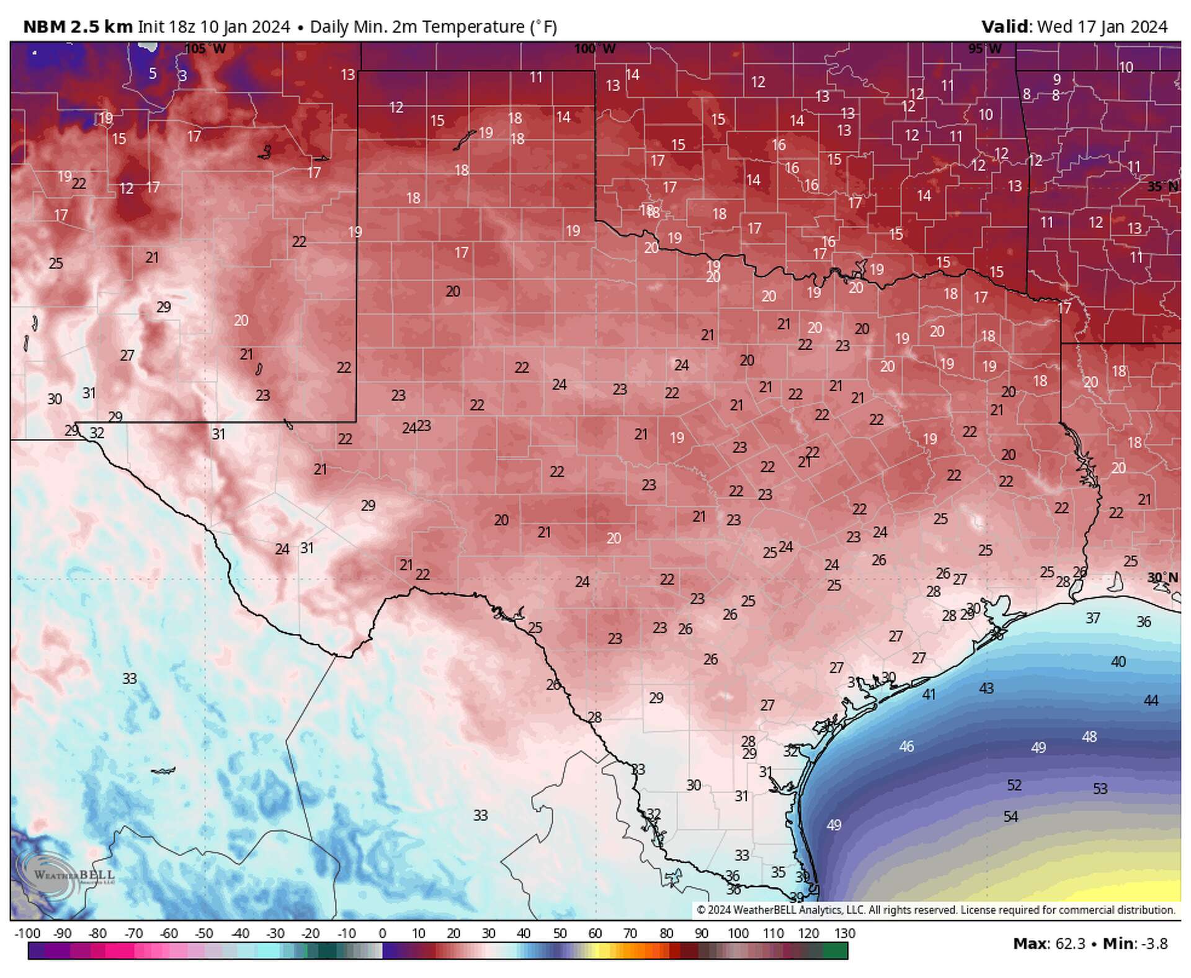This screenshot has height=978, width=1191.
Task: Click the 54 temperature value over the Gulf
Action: tap(1010, 817)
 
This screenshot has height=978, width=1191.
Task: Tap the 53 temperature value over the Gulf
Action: tap(1100, 789)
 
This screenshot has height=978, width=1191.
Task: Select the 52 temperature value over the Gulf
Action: tap(1014, 785)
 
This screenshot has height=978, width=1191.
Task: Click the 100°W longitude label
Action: tap(594, 48)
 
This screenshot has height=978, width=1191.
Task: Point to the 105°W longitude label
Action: tap(205, 48)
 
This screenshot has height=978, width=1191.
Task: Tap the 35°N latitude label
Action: tap(1162, 187)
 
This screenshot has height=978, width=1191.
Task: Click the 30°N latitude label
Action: tap(1162, 578)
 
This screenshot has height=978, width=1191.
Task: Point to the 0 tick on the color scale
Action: tap(382, 933)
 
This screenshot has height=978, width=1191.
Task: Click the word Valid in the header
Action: tap(1005, 27)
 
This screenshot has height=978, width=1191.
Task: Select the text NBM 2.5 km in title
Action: tap(78, 27)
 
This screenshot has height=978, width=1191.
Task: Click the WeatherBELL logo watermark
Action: tap(65, 874)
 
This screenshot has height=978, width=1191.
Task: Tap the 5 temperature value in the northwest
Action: tap(153, 73)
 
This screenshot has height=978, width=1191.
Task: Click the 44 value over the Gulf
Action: tap(1151, 701)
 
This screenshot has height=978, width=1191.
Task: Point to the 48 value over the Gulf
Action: tap(1089, 737)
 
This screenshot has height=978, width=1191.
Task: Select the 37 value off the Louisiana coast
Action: tap(1093, 618)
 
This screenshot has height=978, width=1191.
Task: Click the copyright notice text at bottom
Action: tap(935, 910)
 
